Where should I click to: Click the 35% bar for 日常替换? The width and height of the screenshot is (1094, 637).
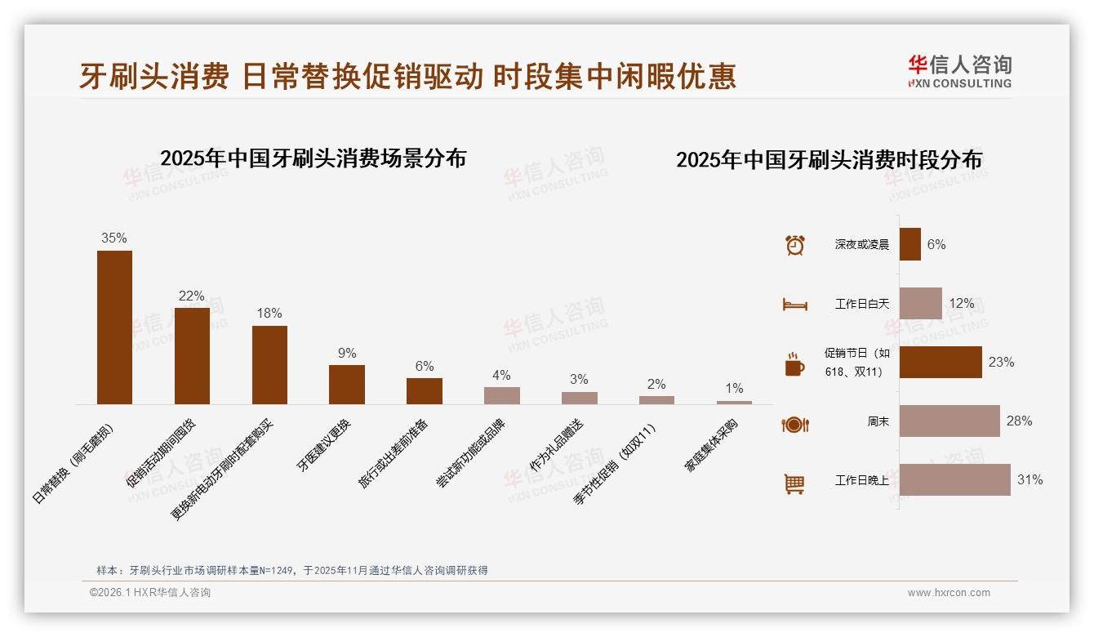114,327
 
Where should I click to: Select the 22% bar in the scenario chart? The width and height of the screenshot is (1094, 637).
192,355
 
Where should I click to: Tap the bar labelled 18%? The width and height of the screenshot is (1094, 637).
269,364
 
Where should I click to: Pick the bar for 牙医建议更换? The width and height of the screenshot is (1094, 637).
347,384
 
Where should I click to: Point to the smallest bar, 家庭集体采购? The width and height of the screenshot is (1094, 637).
734,402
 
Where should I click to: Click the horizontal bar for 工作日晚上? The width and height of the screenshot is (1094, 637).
954,479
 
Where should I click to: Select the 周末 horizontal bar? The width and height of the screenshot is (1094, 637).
949,421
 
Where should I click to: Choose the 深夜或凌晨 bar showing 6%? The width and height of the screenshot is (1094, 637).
909,244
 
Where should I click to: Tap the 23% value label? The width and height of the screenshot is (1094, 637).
1001,362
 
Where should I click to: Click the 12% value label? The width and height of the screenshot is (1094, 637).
961,303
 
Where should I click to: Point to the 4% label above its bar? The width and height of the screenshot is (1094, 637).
501,375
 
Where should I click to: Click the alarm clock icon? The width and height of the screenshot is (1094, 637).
794,245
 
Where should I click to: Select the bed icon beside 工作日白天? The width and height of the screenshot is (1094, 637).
794,305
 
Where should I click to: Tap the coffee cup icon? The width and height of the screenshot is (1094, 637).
794,364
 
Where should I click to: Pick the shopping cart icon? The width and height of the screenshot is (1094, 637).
794,483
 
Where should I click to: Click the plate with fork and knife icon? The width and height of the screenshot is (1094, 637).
794,424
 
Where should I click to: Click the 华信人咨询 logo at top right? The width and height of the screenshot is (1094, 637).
959,72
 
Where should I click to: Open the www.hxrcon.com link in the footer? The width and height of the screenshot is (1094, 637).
949,593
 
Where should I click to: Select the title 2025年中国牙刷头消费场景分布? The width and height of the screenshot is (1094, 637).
313,158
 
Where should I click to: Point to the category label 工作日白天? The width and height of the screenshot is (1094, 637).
861,304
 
